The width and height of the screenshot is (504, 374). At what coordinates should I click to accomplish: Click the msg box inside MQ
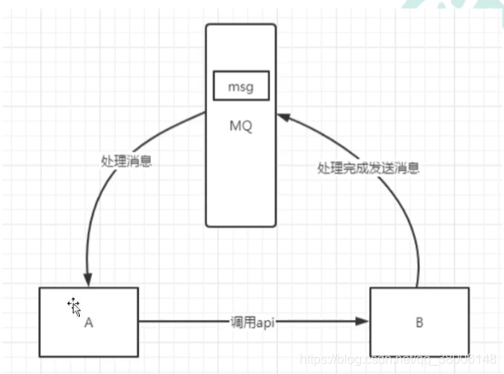click(x=241, y=85)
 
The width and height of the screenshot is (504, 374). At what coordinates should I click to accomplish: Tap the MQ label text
click(x=241, y=126)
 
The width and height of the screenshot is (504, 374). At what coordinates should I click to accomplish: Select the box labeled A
click(x=88, y=321)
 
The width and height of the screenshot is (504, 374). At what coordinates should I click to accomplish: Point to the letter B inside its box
click(x=418, y=323)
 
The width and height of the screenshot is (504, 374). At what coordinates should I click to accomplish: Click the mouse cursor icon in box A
click(x=73, y=305)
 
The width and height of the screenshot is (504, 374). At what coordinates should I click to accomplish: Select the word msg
click(x=241, y=85)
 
